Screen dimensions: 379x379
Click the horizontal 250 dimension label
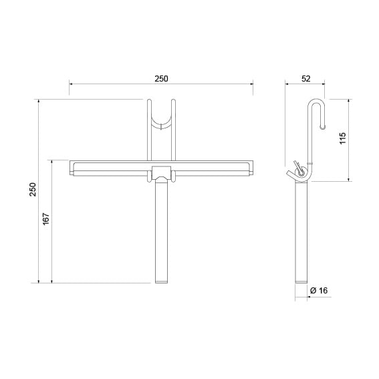(x=161, y=79)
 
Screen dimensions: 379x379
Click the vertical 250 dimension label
(x=33, y=190)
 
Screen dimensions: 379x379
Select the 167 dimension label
(x=46, y=219)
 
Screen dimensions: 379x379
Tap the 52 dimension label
(x=305, y=79)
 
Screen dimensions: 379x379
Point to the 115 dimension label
(x=343, y=138)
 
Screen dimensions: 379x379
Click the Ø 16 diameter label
(x=319, y=290)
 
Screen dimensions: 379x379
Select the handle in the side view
(x=301, y=232)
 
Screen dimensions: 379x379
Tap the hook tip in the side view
(x=323, y=126)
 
